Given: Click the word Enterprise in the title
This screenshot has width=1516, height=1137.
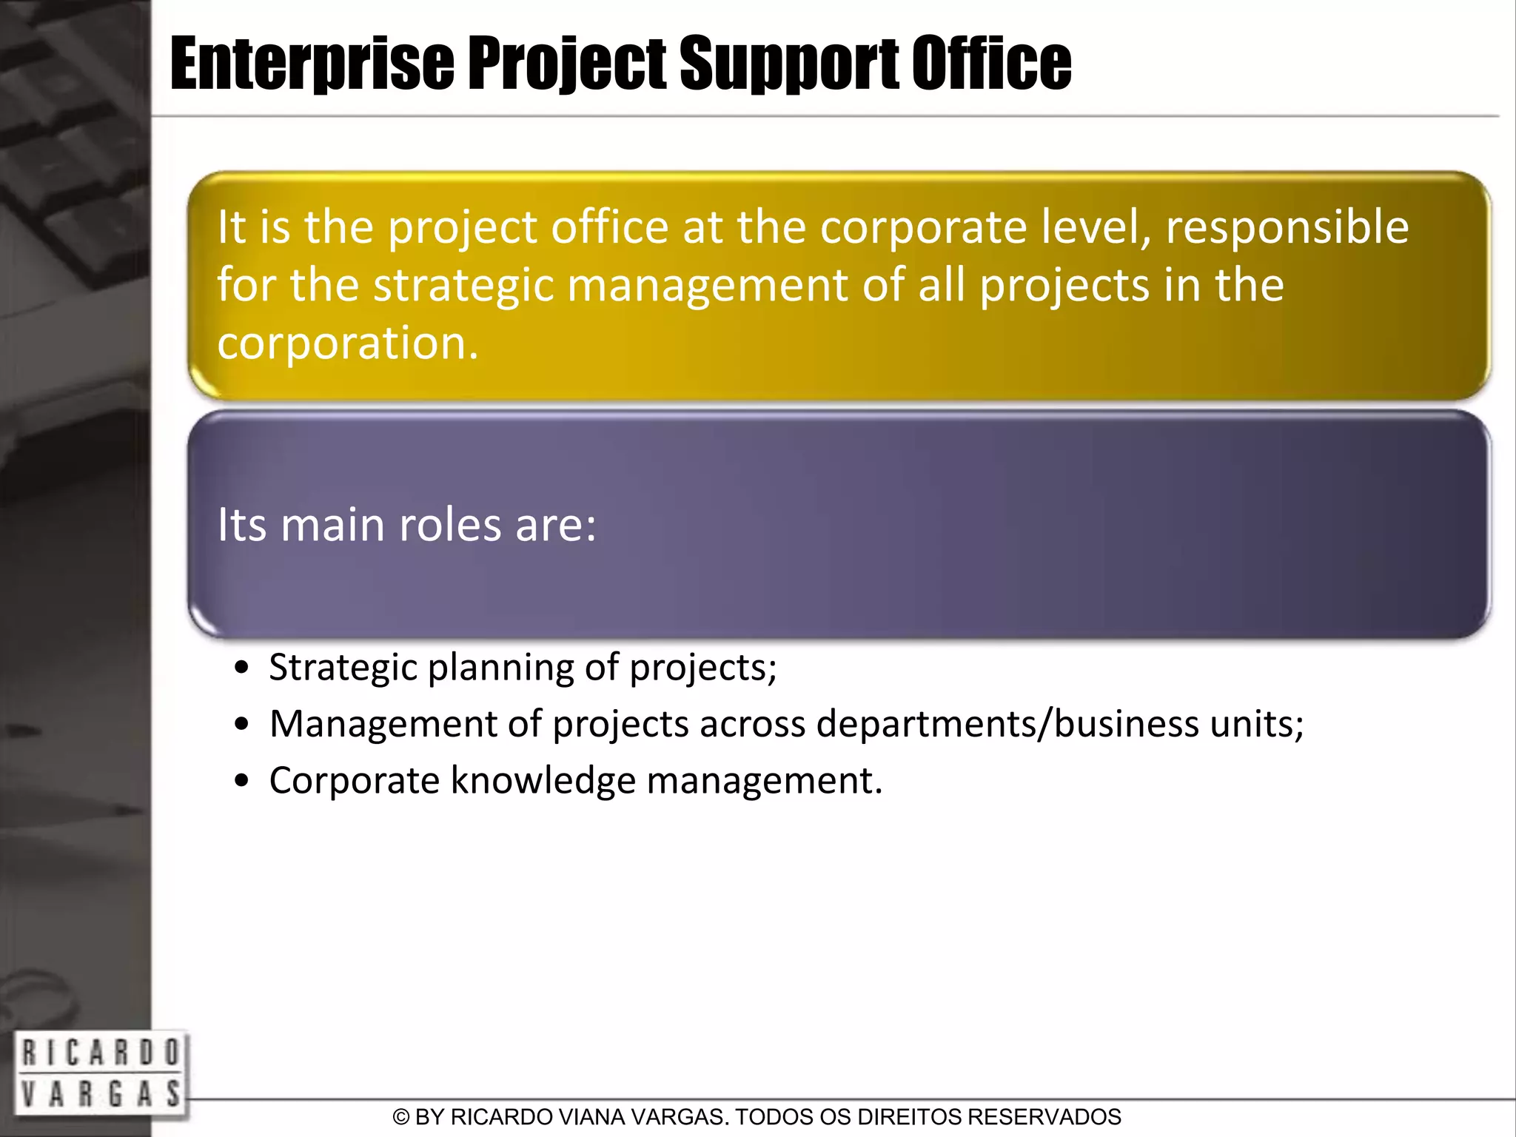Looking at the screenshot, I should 312,65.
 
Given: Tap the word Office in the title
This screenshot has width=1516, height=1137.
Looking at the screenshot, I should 991,65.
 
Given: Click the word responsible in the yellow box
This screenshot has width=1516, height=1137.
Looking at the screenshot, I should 1287,227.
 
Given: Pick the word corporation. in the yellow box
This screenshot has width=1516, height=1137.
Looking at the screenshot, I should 348,343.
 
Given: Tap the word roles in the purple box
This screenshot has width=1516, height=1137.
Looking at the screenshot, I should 451,525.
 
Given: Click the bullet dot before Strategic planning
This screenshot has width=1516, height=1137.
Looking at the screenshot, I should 241,668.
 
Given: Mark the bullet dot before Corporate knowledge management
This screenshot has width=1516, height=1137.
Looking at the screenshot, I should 241,781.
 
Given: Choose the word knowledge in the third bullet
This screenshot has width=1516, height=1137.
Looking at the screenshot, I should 543,781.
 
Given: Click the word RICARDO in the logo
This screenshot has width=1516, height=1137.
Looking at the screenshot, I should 100,1053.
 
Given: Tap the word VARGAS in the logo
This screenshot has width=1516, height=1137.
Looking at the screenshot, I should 100,1093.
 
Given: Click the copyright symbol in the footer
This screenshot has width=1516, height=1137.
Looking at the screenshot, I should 400,1117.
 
